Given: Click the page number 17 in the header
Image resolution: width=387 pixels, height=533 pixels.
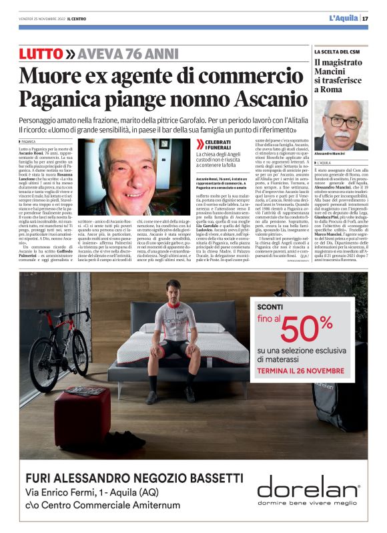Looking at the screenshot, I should point(366,18).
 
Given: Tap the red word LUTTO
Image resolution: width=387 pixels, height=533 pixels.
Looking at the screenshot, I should point(41,54).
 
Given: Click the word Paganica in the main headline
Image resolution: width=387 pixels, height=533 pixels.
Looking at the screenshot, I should point(61,99).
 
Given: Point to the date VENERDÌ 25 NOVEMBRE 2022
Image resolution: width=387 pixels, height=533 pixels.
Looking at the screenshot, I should point(45,19).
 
